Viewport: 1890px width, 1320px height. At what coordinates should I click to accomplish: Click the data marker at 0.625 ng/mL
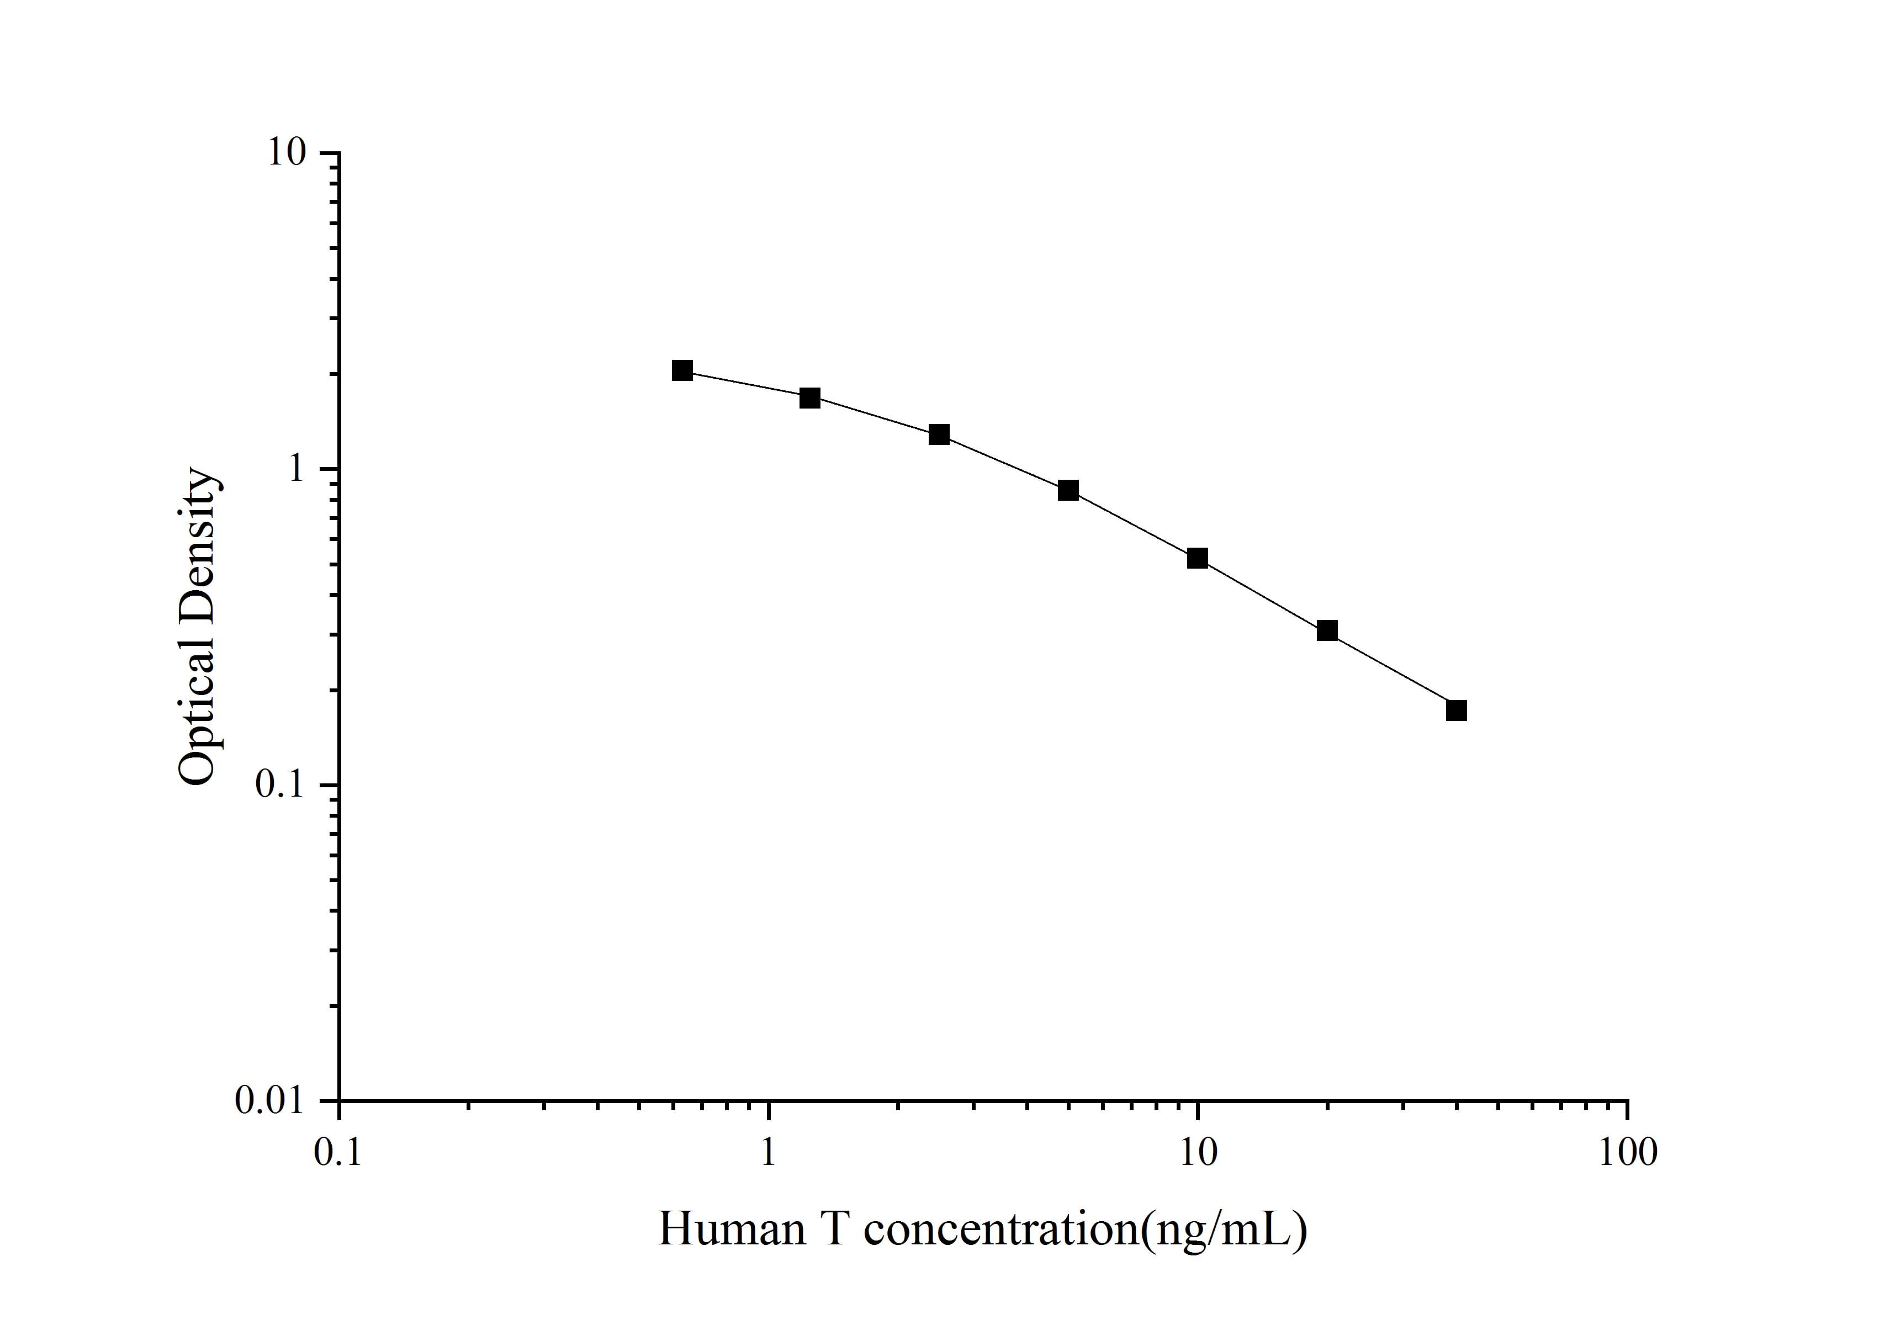[x=681, y=370]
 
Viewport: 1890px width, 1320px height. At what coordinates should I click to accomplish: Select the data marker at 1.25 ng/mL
[x=810, y=398]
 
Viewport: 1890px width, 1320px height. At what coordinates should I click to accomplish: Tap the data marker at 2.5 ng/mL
[x=939, y=434]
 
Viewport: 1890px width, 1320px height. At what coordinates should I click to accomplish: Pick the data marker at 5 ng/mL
[x=1068, y=490]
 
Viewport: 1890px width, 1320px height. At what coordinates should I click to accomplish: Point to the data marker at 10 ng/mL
[x=1198, y=559]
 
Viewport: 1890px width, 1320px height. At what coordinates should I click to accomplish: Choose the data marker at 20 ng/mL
[x=1327, y=631]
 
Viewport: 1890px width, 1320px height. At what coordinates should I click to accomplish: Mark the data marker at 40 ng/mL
[x=1456, y=710]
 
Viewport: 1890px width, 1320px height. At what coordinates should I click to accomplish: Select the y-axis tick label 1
[x=295, y=469]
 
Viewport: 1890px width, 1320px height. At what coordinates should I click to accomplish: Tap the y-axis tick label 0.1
[x=280, y=785]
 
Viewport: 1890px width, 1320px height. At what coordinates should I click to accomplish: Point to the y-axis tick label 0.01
[x=271, y=1100]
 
